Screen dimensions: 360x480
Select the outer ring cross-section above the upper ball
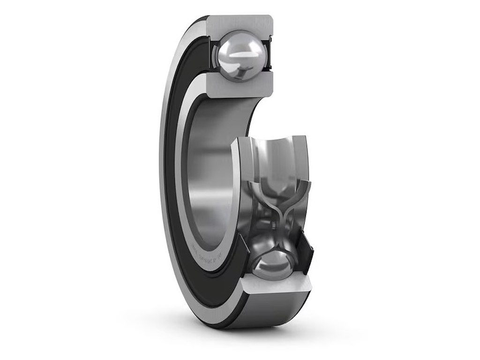[x=239, y=22]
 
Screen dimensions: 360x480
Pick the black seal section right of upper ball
[x=269, y=55]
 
